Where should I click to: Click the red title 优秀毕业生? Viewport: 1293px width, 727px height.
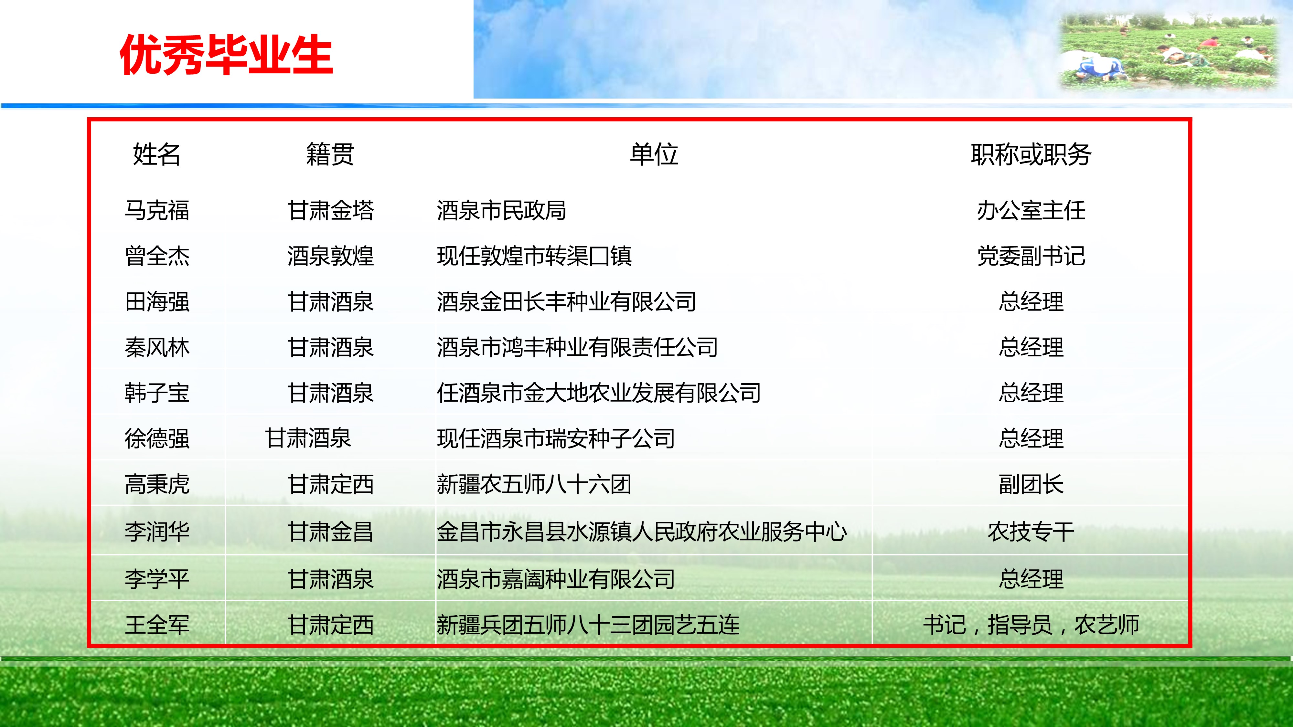point(226,55)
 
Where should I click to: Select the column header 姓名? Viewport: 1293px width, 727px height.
point(156,154)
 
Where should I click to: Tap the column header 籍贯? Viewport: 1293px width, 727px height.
point(330,154)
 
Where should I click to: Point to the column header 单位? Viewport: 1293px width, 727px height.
point(654,154)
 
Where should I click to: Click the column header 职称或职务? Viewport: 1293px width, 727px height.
point(1031,154)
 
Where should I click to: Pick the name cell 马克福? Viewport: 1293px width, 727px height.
point(157,210)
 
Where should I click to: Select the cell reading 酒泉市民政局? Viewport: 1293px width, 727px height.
point(501,210)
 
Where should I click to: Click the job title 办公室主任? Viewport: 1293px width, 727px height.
point(1031,210)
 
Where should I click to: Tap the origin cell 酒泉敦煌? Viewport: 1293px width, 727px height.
point(330,256)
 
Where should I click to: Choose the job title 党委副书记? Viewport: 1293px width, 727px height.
point(1031,256)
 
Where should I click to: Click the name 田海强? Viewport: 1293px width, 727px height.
point(157,301)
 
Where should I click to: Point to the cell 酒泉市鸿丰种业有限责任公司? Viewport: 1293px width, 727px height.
point(577,347)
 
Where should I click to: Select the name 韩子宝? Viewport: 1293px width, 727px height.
point(157,393)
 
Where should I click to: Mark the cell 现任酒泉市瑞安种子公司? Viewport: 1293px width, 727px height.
point(556,438)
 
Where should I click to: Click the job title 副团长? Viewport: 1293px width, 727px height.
point(1031,484)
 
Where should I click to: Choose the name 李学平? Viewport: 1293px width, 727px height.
point(157,579)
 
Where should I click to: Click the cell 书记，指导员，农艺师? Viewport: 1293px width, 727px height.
point(1031,625)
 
